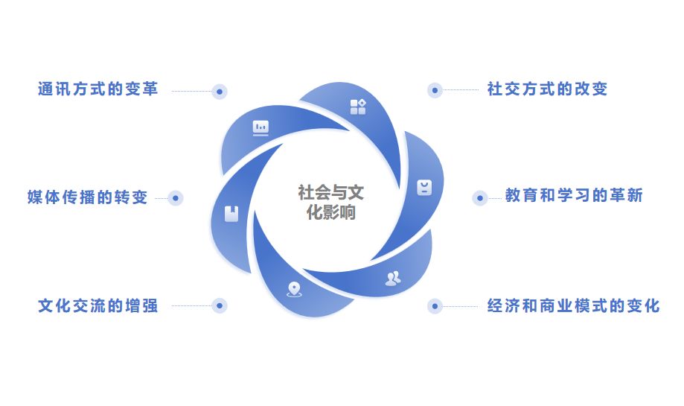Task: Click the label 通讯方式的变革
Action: click(x=98, y=89)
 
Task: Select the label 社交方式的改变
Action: click(x=547, y=89)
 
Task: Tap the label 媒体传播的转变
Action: click(x=87, y=197)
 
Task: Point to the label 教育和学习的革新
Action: click(x=574, y=196)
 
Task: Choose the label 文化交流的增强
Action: click(x=98, y=305)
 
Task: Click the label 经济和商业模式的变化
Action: click(x=573, y=305)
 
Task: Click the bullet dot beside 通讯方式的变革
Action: click(x=219, y=91)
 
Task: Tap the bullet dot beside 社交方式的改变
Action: click(x=435, y=90)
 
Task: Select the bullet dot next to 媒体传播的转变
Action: click(x=176, y=198)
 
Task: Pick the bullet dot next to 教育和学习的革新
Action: click(x=480, y=198)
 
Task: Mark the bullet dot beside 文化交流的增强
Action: click(x=219, y=305)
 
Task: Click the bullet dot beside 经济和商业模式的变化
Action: click(x=435, y=305)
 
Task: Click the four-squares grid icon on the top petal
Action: click(x=358, y=107)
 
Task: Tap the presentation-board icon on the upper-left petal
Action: click(x=261, y=127)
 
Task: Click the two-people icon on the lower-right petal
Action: click(x=392, y=279)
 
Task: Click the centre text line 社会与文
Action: click(x=331, y=193)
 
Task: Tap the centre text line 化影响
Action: click(x=331, y=212)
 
